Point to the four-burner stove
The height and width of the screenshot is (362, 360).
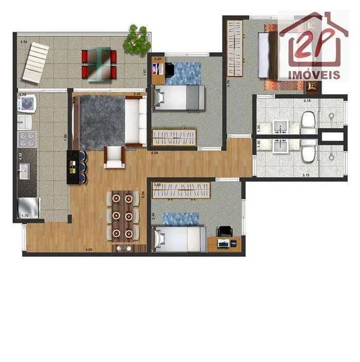pos(27,138)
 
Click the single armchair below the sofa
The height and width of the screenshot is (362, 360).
pos(115,157)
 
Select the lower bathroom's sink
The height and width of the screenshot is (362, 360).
pos(281,146)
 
